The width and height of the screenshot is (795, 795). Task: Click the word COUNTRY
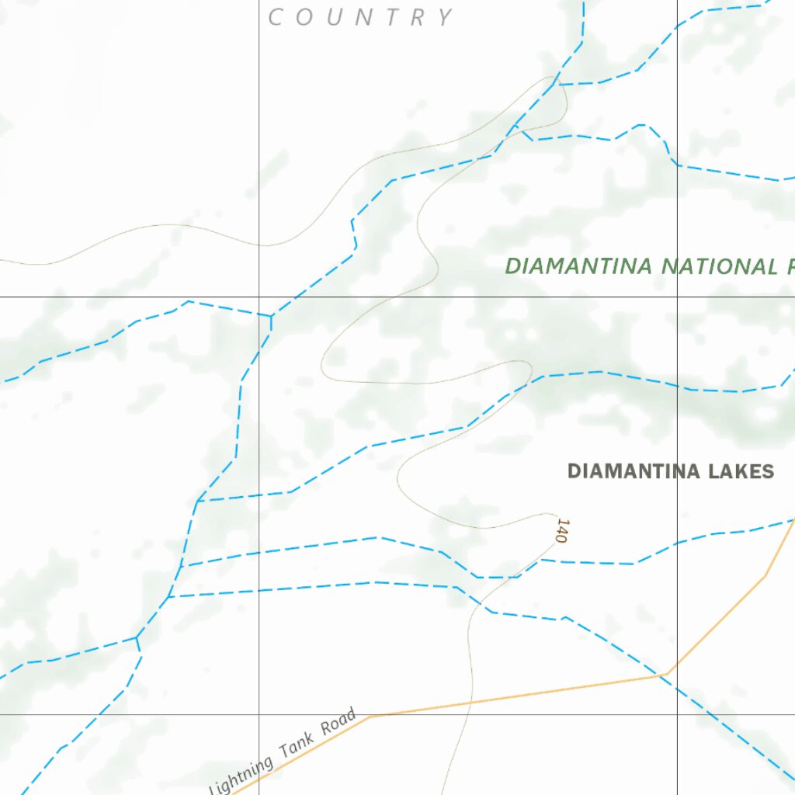[361, 17]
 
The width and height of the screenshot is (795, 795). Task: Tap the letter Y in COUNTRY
[445, 17]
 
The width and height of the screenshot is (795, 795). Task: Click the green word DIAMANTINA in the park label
[578, 266]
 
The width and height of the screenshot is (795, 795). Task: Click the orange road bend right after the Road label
[370, 716]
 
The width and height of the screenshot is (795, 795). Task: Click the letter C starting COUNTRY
[276, 17]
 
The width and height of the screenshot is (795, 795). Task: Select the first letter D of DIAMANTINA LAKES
[575, 471]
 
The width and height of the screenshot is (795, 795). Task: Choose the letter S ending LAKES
[768, 471]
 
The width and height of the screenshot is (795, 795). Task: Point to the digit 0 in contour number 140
[561, 538]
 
